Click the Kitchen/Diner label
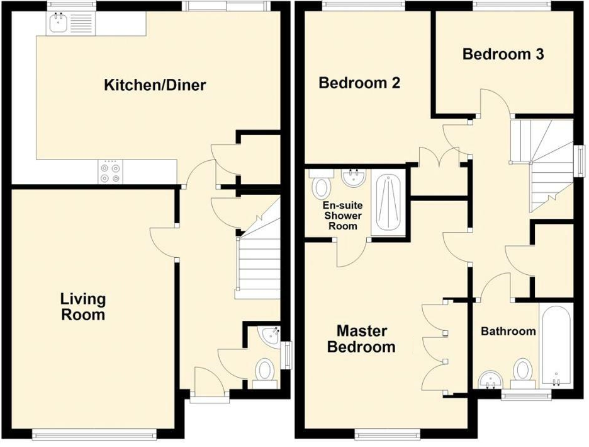point(155,85)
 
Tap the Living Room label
point(83,306)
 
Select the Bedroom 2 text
point(359,83)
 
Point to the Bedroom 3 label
point(503,54)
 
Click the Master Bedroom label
point(361,339)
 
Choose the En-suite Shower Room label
point(342,216)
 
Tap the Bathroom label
point(508,331)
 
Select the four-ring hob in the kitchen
point(111,172)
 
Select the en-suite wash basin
point(354,177)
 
